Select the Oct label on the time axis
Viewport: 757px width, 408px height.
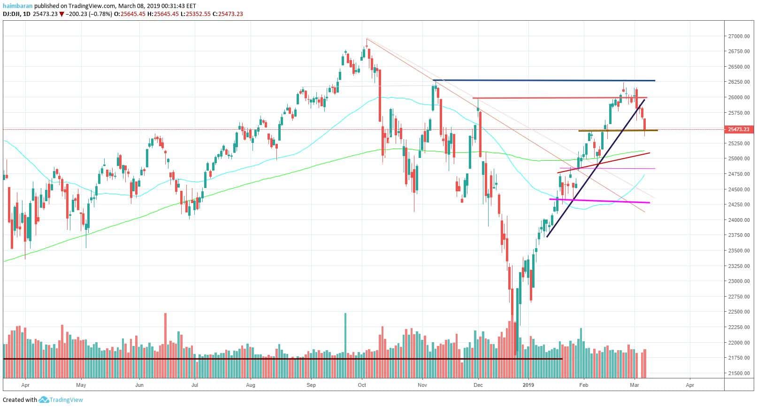(x=362, y=385)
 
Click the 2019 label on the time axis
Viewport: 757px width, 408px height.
(x=529, y=385)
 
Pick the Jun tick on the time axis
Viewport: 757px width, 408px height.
(x=139, y=385)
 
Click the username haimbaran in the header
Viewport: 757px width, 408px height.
(x=17, y=6)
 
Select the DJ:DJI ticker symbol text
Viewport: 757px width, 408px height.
(x=13, y=14)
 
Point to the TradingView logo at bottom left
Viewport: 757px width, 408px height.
(x=61, y=400)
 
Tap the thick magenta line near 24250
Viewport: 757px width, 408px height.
(x=601, y=201)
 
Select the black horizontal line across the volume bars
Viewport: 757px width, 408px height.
(x=282, y=359)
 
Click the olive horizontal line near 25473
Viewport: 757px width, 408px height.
(x=615, y=130)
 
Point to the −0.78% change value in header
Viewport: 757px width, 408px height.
(x=103, y=14)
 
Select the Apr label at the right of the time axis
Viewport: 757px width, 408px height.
(x=690, y=385)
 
